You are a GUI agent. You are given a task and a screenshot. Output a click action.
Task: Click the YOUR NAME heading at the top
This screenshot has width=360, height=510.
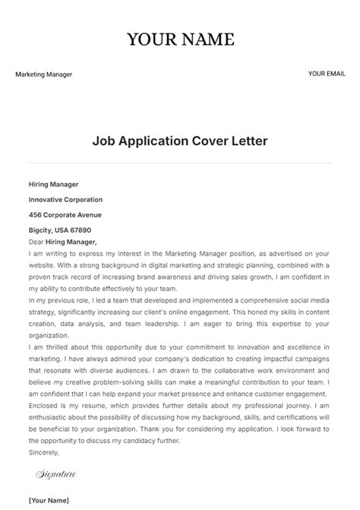180,40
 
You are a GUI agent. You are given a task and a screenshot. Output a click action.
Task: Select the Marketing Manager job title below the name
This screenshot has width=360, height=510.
43,74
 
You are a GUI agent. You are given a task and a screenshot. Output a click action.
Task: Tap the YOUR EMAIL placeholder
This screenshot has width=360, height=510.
327,74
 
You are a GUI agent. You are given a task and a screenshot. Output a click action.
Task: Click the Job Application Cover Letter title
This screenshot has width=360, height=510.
180,141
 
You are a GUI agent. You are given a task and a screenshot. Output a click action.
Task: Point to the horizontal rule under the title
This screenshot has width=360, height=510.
180,162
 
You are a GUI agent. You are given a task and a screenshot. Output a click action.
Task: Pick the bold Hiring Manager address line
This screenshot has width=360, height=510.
53,184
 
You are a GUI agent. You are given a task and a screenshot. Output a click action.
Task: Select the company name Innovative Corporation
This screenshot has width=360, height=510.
65,199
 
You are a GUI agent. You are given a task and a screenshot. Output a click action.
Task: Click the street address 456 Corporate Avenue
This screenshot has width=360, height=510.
65,214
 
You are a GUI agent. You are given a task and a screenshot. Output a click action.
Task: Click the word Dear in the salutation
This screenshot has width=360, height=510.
36,241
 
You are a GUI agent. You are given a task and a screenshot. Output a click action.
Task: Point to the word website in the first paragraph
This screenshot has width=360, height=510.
42,265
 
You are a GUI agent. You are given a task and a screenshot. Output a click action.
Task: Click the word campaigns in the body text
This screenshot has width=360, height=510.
311,383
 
